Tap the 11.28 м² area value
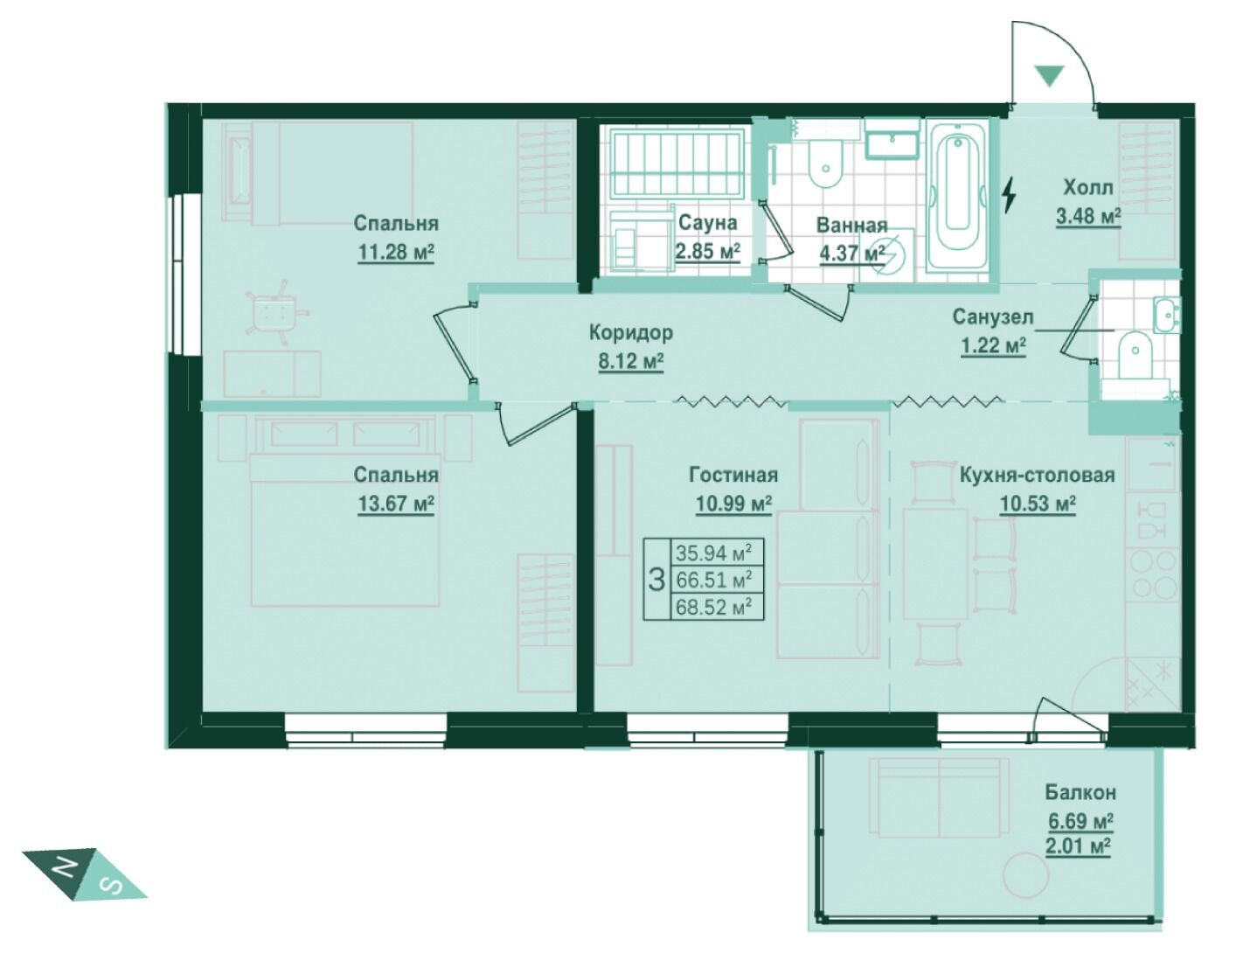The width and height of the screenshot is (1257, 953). [396, 252]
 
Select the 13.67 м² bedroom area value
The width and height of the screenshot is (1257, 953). [396, 504]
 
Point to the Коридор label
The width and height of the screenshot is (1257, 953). [630, 333]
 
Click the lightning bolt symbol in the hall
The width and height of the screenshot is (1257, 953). [1009, 195]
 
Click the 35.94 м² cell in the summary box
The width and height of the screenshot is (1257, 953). [713, 553]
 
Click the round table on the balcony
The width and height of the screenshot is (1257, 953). [1026, 876]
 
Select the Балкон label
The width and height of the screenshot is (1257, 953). [1080, 793]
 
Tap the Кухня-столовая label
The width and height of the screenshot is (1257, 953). [1037, 475]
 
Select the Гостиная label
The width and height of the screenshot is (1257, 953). [733, 475]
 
